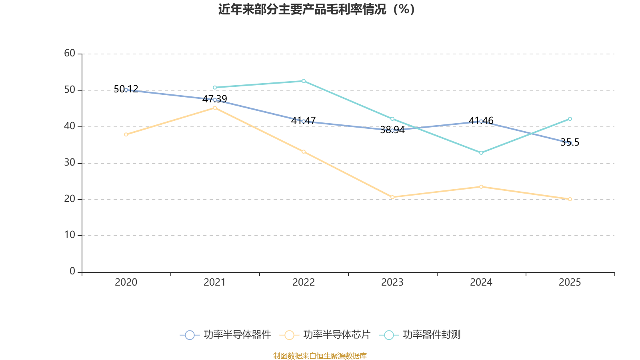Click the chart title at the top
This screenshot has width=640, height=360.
[316, 9]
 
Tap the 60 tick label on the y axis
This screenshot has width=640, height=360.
[70, 53]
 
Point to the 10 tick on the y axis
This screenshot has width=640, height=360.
[70, 235]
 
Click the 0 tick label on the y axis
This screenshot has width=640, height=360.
[72, 272]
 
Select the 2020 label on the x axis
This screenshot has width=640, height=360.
[126, 282]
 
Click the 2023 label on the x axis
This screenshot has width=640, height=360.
[392, 282]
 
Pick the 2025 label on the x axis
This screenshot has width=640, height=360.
[570, 282]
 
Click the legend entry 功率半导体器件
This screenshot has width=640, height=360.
[226, 335]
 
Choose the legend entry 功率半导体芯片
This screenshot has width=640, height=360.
[326, 335]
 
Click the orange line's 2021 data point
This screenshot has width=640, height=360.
[215, 108]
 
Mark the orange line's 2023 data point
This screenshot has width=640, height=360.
[392, 197]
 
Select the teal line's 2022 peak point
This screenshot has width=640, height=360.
[304, 81]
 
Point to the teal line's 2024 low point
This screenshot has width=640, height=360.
[481, 153]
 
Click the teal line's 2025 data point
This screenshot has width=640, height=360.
[570, 119]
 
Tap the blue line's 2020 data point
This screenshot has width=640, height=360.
[126, 90]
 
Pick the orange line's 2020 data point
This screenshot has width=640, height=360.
[126, 134]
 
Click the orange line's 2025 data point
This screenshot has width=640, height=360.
[570, 199]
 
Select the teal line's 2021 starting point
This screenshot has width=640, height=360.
[215, 87]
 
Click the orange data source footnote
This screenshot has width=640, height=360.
[320, 356]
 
